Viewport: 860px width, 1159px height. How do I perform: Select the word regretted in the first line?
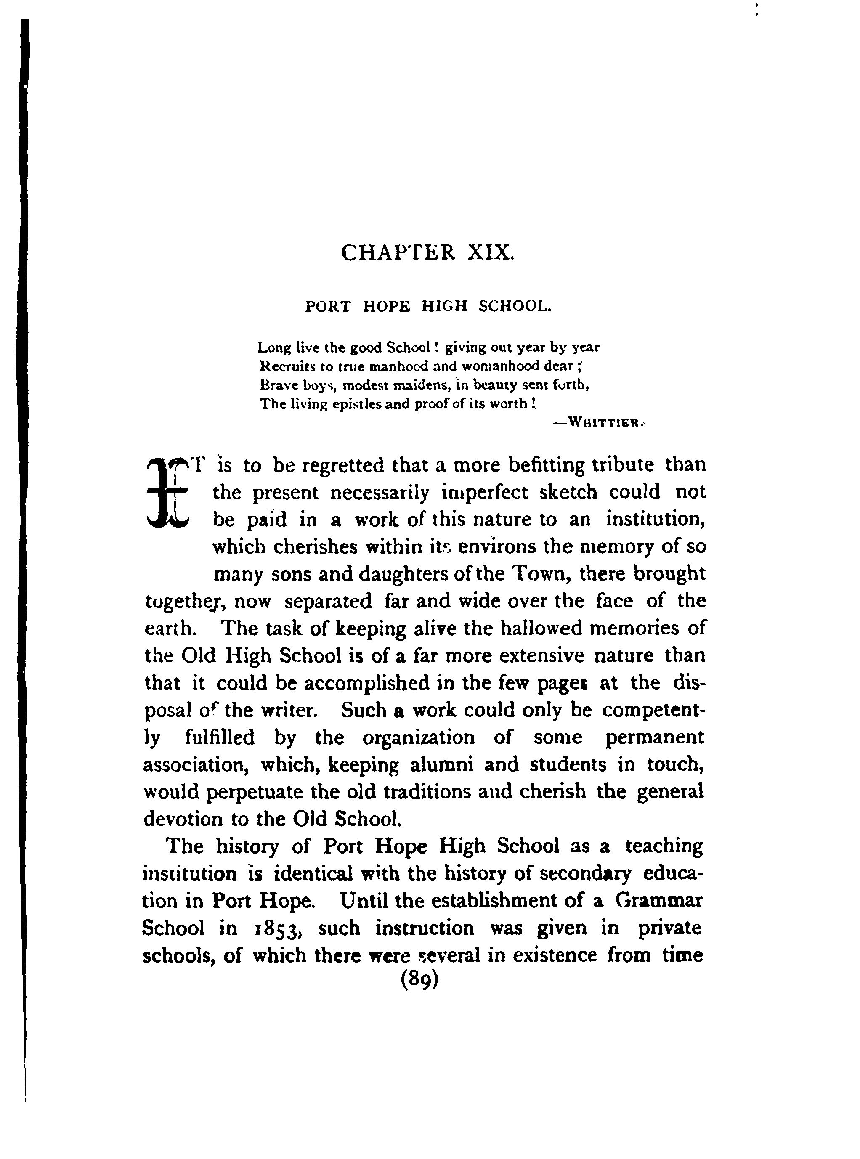[x=344, y=465]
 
